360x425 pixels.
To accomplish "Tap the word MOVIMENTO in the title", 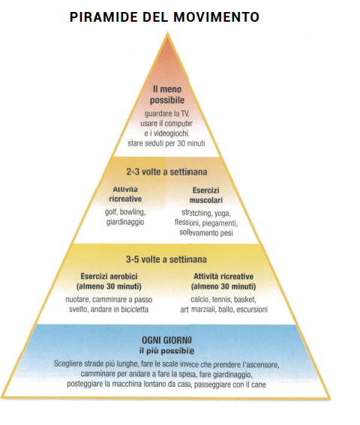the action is [x=216, y=17].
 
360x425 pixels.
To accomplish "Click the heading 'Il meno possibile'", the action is [x=167, y=94].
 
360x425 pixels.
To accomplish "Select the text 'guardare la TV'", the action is [x=166, y=114].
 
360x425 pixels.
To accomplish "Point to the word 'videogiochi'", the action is [x=171, y=133].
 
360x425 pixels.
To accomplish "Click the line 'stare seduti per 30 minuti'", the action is [x=166, y=143].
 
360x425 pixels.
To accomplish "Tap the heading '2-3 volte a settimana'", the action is [x=166, y=172].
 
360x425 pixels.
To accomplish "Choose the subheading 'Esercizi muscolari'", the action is [x=206, y=195].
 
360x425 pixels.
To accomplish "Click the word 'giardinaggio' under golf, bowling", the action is [x=125, y=223].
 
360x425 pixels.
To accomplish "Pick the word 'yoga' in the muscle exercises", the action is [x=223, y=214].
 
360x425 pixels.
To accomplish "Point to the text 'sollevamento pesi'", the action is [x=206, y=233].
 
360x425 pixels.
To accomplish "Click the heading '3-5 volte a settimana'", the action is [x=166, y=259].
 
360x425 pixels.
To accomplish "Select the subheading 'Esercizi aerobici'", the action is [x=109, y=277].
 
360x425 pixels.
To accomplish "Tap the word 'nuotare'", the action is [x=78, y=300].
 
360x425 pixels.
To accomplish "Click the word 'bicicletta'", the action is [x=135, y=310].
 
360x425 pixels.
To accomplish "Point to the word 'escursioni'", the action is [x=252, y=310].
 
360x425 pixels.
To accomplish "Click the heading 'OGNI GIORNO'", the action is [x=166, y=340].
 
